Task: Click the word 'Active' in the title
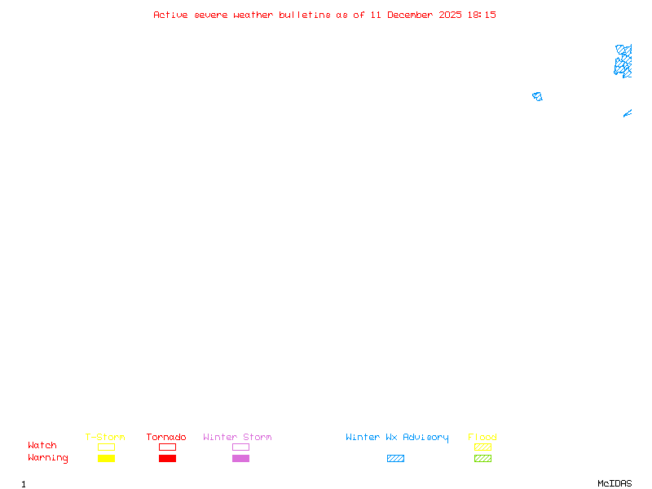click(171, 15)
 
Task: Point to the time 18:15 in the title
click(481, 15)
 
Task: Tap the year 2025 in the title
click(450, 15)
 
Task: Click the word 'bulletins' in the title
click(305, 15)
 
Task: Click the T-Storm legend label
click(105, 438)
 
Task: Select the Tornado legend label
click(166, 438)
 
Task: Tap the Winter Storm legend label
click(237, 438)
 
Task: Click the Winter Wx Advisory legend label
click(397, 438)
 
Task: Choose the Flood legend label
click(482, 438)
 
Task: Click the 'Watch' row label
click(42, 446)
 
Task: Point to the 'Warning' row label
click(48, 458)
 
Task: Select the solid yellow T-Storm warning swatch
click(106, 459)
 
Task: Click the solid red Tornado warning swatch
click(167, 459)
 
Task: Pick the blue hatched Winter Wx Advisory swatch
click(395, 459)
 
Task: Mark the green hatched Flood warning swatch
click(482, 459)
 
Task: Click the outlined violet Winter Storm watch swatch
click(240, 447)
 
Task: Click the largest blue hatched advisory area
click(623, 61)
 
